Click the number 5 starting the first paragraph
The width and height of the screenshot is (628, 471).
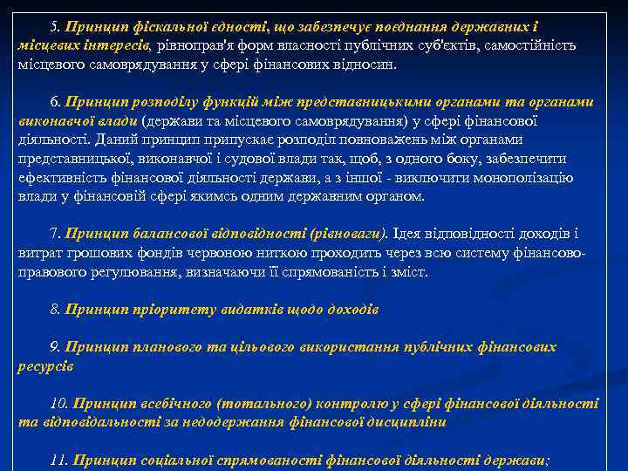(54, 26)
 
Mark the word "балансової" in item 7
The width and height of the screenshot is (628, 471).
(168, 234)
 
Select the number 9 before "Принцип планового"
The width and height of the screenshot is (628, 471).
(54, 347)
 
